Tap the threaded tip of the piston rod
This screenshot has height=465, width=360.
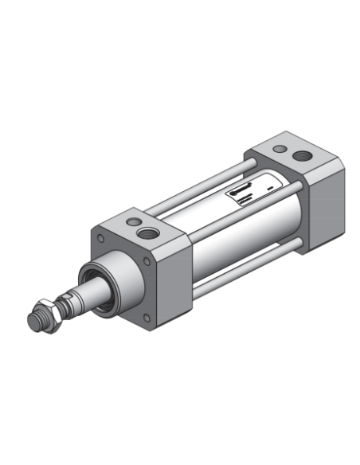click(x=34, y=321)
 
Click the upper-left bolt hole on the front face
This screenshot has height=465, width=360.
click(x=100, y=237)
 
